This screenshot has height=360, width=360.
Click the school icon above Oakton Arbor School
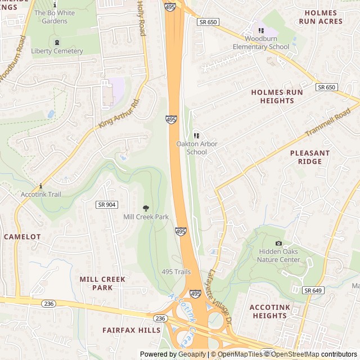196,136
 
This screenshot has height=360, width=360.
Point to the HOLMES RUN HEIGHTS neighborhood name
277,96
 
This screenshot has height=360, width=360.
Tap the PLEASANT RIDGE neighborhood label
309,157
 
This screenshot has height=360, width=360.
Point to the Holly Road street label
141,18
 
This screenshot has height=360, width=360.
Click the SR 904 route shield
106,205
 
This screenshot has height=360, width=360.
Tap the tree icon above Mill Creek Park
146,209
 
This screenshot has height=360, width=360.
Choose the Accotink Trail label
41,194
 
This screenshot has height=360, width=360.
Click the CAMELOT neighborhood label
22,237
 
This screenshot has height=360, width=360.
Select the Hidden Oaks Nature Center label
278,256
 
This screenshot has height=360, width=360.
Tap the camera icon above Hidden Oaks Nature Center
278,243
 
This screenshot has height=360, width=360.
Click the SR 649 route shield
313,290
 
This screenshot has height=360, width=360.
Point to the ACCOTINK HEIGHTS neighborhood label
269,311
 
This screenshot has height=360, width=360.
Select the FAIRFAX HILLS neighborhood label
131,330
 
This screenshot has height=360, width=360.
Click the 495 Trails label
176,272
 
